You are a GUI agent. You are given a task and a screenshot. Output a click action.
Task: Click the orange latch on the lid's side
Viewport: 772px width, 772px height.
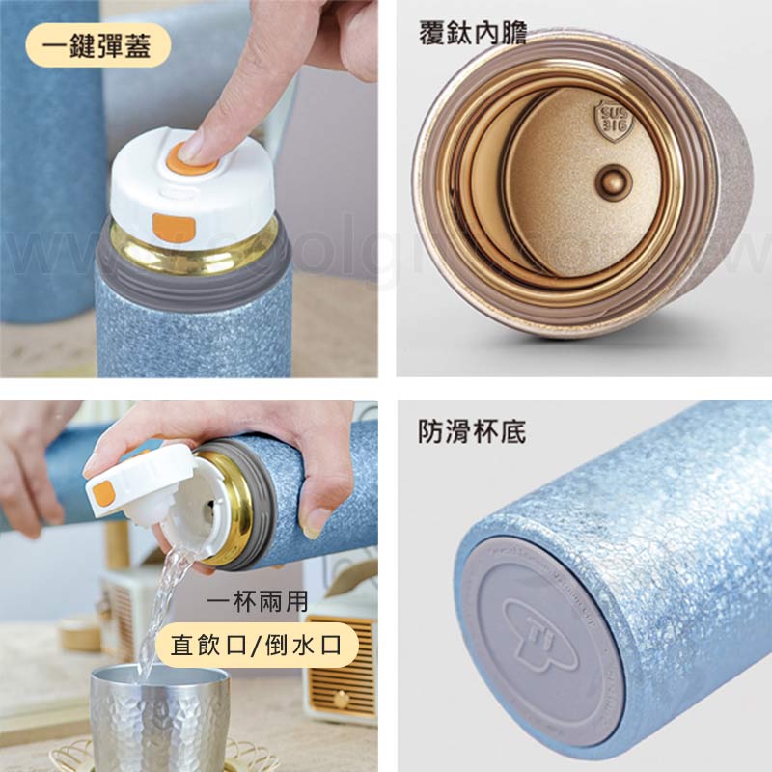pyautogui.click(x=174, y=228)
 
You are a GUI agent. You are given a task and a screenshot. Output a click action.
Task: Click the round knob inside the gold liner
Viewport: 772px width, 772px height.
pyautogui.click(x=610, y=179)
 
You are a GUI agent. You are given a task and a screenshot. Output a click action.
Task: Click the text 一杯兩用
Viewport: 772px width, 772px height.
pyautogui.click(x=258, y=603)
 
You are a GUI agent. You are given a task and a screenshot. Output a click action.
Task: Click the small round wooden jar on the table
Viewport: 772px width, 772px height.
pyautogui.click(x=79, y=632)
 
